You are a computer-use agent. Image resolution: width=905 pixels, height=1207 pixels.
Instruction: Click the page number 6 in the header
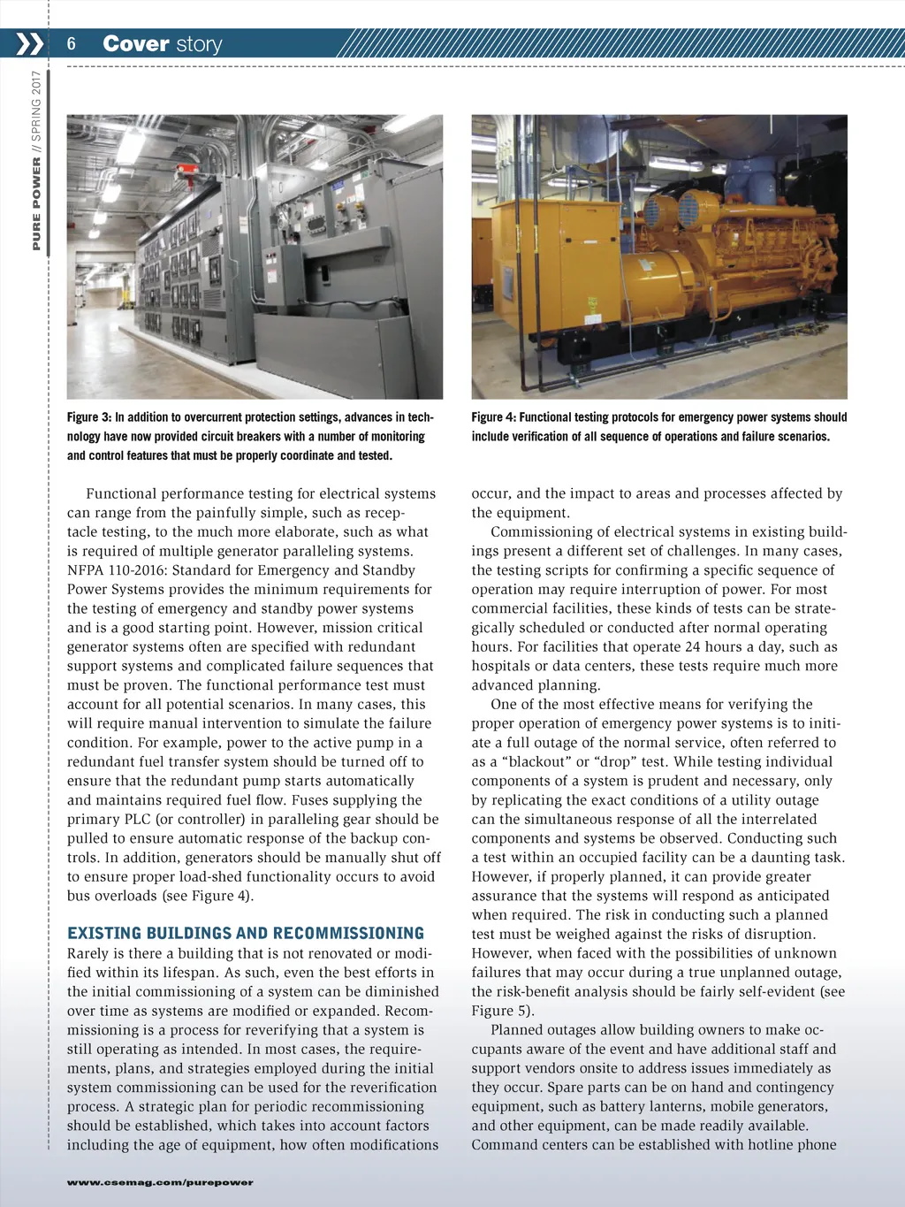72,44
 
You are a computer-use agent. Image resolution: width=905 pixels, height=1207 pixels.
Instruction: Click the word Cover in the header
135,43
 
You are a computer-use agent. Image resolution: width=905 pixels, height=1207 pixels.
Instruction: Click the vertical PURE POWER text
36,204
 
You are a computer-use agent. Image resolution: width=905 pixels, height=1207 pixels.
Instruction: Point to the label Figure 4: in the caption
493,417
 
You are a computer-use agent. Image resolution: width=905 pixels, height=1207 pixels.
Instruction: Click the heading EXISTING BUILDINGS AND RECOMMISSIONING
246,934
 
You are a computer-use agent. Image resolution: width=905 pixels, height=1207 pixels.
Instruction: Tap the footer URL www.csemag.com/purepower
160,1182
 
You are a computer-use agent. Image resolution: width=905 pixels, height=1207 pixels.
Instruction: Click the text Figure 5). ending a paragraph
503,1011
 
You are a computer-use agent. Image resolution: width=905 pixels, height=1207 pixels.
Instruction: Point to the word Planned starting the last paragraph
519,1030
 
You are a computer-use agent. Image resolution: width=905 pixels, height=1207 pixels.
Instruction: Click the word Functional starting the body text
123,493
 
